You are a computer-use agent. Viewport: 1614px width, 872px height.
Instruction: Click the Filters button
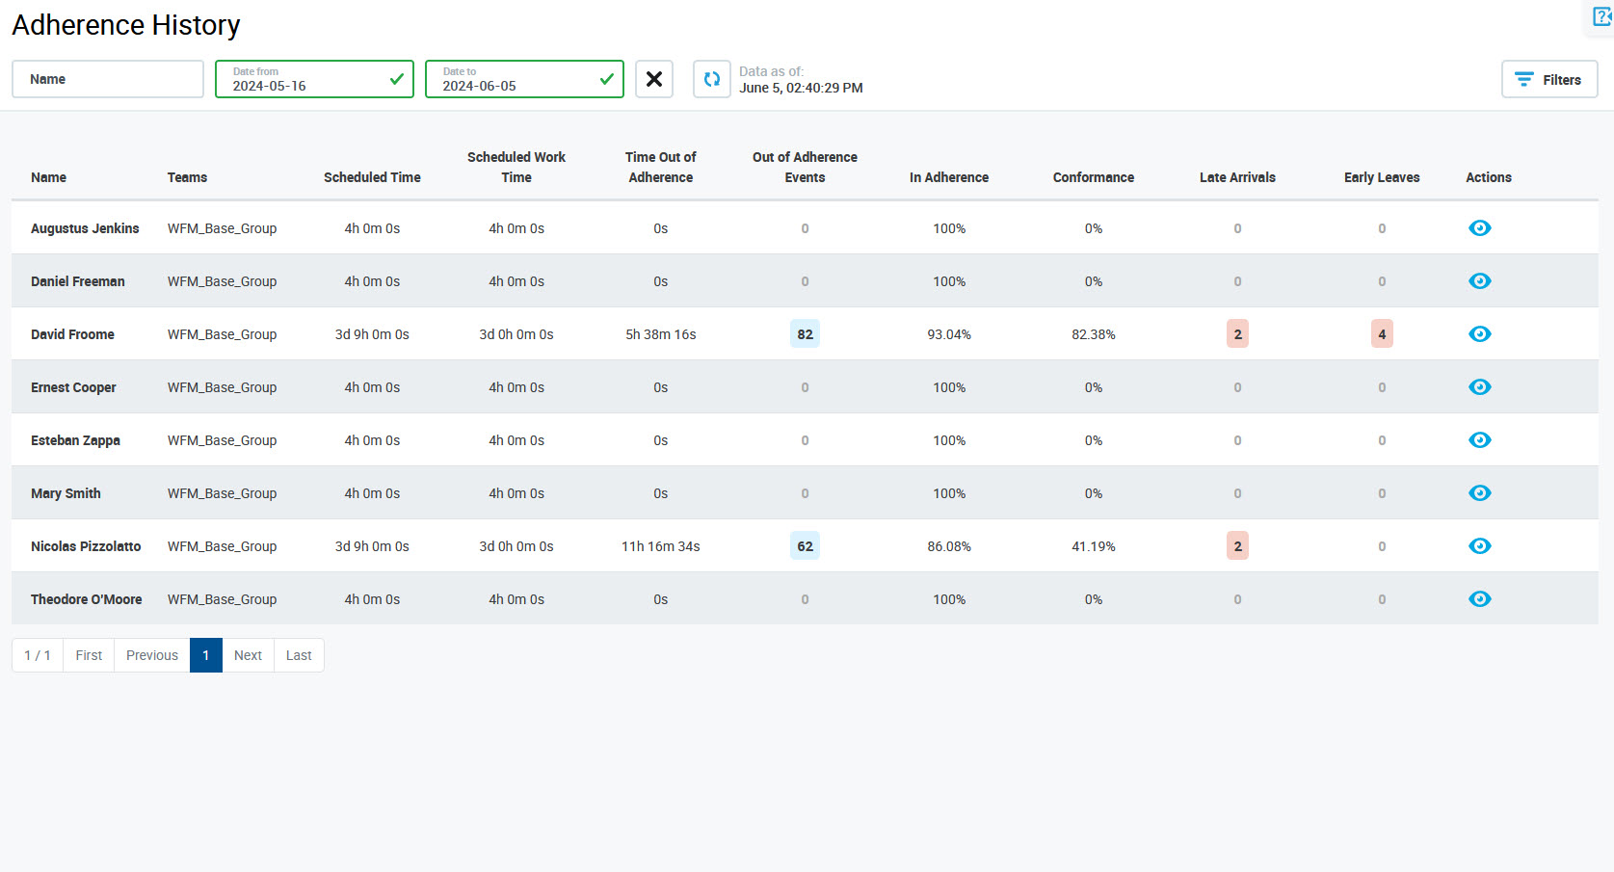(x=1548, y=79)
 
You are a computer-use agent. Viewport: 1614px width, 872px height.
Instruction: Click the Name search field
(x=107, y=79)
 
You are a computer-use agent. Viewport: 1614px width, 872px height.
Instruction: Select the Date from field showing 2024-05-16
(x=313, y=79)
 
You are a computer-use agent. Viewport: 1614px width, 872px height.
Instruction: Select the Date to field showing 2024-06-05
(x=523, y=79)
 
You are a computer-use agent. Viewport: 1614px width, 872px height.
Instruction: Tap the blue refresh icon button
(x=711, y=79)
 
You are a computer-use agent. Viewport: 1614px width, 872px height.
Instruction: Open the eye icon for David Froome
(x=1479, y=334)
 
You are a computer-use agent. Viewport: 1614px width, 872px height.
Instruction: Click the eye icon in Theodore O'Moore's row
(x=1479, y=599)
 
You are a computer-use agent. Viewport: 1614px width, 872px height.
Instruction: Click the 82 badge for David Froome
(x=805, y=334)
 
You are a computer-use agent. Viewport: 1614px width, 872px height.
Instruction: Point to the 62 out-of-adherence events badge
(x=805, y=546)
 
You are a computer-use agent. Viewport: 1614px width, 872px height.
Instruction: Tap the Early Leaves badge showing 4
(x=1382, y=334)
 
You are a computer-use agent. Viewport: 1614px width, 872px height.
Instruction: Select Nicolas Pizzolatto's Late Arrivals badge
(x=1237, y=546)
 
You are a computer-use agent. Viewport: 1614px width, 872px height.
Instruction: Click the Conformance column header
(x=1093, y=177)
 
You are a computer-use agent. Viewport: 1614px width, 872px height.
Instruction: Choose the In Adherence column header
(x=948, y=177)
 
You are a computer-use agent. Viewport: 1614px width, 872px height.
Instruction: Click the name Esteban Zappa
(x=75, y=440)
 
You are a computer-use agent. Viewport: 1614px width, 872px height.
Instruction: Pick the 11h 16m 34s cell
(x=660, y=546)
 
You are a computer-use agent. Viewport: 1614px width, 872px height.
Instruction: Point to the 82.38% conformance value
(x=1093, y=334)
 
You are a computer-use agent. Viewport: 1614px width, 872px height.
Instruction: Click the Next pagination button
(x=248, y=655)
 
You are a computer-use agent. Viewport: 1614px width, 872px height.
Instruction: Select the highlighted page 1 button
(x=205, y=655)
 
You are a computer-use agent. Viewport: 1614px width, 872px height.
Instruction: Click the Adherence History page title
(x=126, y=25)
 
